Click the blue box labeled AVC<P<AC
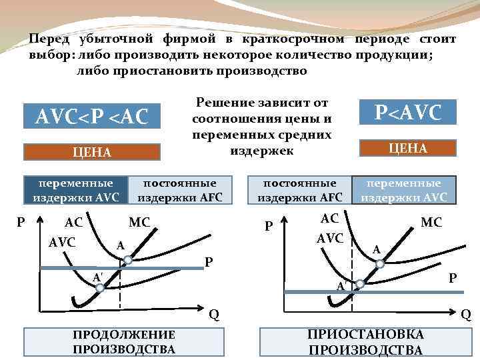91,115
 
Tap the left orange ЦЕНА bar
91,153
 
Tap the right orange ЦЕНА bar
408,148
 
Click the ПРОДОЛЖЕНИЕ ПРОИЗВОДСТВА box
123,341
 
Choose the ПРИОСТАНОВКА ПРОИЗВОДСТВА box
365,342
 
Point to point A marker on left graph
128,259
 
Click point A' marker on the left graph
99,287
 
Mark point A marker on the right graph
381,263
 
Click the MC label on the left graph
139,221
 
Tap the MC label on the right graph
431,222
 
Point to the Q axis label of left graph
213,314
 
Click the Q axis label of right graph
466,314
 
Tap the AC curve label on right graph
329,219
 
